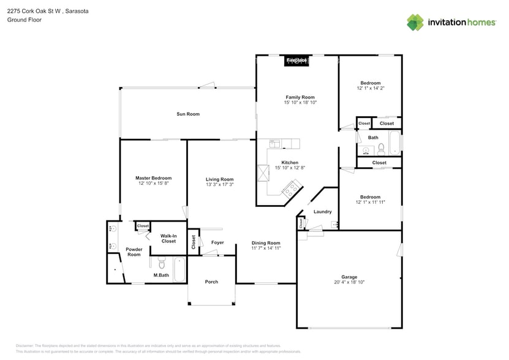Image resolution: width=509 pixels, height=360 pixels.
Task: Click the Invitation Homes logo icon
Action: click(x=415, y=22)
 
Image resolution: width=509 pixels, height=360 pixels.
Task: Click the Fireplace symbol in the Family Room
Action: click(x=296, y=61)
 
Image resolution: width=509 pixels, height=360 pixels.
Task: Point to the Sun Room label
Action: click(x=188, y=114)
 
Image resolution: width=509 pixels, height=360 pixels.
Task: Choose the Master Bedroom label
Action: click(x=153, y=178)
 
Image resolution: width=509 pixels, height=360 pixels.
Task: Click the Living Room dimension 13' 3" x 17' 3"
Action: click(x=219, y=184)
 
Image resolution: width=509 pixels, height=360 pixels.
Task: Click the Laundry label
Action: click(x=322, y=212)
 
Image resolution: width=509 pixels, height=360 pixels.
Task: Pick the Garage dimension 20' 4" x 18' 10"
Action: click(x=349, y=282)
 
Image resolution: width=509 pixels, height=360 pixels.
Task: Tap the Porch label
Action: click(x=211, y=282)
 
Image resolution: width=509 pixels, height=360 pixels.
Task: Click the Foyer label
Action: click(x=217, y=242)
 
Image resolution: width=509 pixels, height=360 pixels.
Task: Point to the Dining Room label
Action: click(x=266, y=242)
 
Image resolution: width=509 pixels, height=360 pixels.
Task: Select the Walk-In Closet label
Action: click(x=168, y=238)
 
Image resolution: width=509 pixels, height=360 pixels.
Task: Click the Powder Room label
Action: click(x=134, y=252)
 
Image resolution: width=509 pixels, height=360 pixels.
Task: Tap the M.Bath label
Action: click(x=161, y=276)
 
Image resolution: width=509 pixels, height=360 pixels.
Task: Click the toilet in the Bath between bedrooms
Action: click(x=380, y=148)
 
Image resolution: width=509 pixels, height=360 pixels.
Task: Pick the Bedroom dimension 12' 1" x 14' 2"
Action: click(x=370, y=88)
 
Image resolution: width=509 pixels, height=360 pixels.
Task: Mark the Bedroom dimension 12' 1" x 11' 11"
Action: click(x=370, y=202)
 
